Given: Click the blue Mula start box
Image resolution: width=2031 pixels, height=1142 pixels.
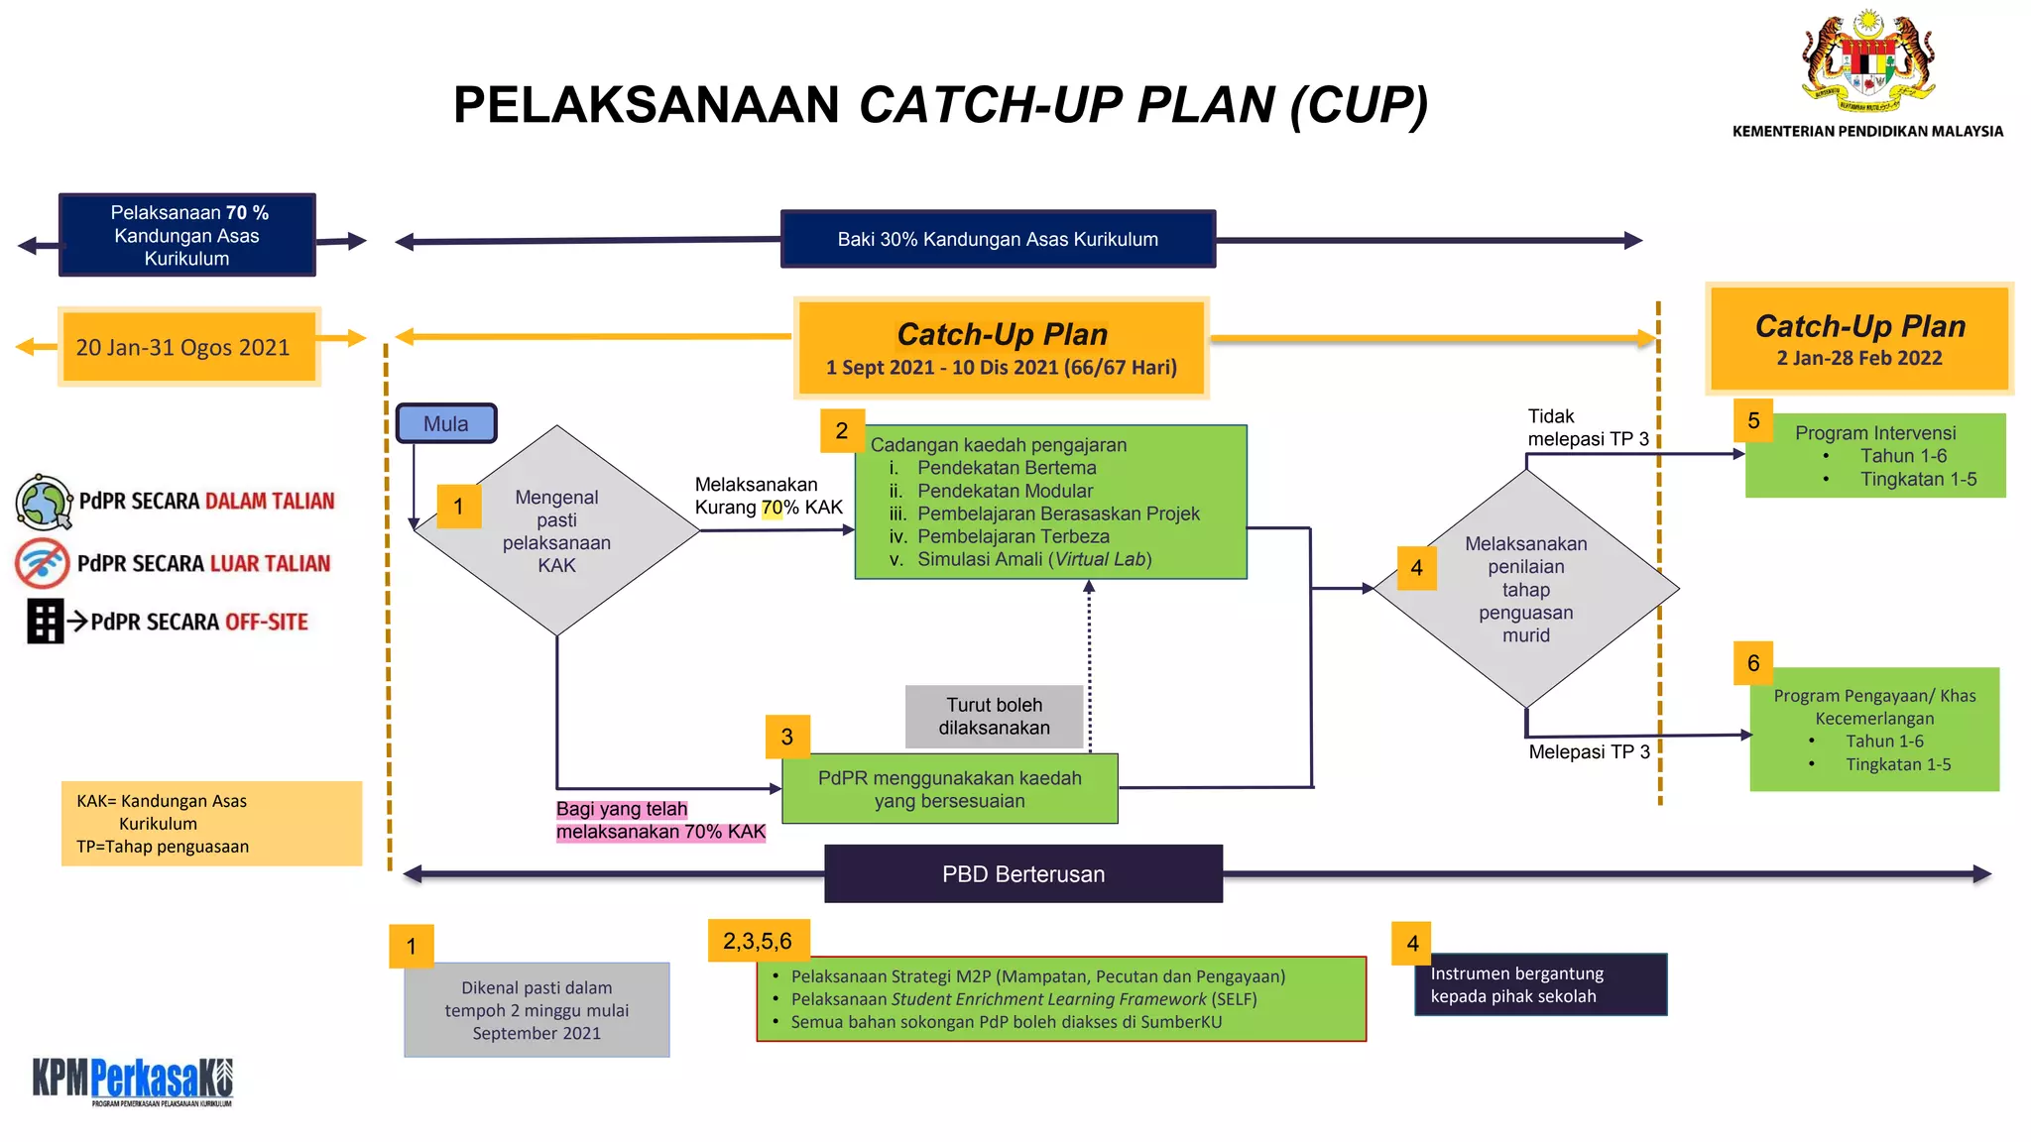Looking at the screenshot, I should pos(445,423).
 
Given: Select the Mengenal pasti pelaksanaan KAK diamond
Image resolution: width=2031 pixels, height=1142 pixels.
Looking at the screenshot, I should pos(556,530).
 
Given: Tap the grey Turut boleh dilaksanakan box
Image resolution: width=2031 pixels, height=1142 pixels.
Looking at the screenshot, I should pos(994,716).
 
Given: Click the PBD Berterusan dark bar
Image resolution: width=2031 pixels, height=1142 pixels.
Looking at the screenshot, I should pos(1022,873).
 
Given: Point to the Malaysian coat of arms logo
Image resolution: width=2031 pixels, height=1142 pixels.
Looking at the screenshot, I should pos(1867,61).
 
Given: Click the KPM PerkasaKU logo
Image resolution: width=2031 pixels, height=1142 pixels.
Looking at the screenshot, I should pos(133,1081).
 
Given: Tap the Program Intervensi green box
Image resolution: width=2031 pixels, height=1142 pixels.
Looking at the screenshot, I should pos(1874,456).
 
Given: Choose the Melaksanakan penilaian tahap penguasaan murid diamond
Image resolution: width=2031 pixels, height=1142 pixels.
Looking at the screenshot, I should pos(1525,589).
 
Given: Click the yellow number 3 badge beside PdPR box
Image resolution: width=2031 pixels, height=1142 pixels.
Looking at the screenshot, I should pos(787,737).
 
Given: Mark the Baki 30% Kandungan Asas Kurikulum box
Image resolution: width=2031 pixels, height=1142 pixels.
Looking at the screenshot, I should pos(998,239).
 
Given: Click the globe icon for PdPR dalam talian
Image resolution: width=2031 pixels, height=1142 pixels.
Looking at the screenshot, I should pos(44,502).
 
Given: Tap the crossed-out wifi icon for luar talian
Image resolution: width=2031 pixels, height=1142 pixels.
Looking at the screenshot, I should pos(42,563).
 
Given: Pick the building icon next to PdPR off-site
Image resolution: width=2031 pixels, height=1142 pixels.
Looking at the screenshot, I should pos(45,622).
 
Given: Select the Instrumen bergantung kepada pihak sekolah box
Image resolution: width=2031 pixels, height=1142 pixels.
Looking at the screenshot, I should pos(1540,984).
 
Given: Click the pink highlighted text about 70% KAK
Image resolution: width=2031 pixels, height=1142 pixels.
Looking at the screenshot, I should pos(659,821).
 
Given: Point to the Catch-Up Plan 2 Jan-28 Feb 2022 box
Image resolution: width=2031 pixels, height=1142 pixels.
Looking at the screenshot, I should pos(1858,339).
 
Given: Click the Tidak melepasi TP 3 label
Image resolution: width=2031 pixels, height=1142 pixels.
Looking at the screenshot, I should pos(1587,427).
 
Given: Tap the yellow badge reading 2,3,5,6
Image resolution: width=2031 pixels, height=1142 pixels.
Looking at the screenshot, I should pos(758,941).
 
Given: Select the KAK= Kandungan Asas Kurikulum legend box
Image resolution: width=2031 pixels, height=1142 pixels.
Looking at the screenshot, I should pos(211,823).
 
